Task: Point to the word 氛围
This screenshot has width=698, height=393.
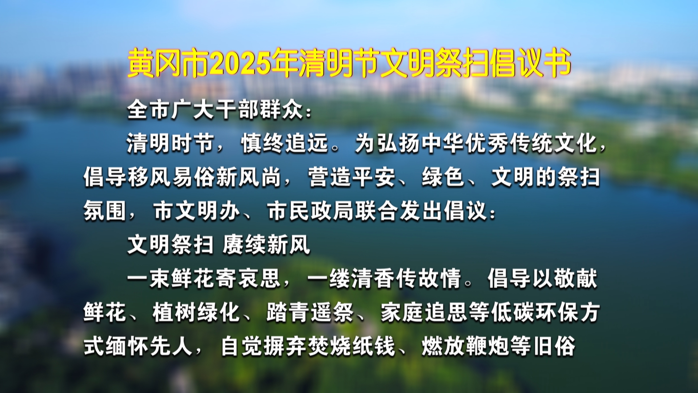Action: [105, 211]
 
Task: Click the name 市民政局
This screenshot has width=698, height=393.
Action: [311, 211]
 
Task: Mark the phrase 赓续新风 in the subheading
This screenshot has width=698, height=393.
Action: [266, 244]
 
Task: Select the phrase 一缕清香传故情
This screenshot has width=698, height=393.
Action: [384, 278]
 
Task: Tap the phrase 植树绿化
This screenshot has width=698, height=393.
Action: [196, 312]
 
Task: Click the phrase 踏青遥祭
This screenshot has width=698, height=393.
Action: [310, 312]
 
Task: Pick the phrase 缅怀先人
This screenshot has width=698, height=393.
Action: [149, 346]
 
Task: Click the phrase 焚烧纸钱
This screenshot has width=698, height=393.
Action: [352, 346]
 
